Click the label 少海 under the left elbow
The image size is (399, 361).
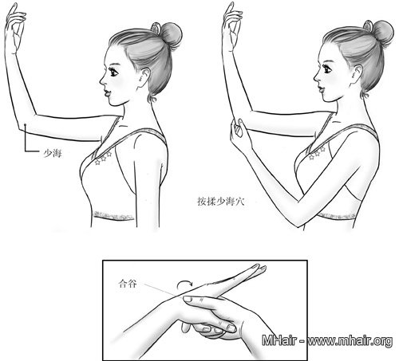tap(53, 154)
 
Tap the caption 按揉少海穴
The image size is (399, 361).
tap(220, 202)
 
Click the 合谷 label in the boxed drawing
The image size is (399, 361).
tap(128, 284)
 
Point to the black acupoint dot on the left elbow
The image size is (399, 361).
tap(25, 124)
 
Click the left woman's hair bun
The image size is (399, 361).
tap(171, 34)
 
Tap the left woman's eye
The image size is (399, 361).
tap(113, 71)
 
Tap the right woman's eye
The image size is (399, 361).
tap(327, 69)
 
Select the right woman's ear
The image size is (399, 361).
tap(357, 74)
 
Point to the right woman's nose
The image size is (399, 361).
tap(316, 77)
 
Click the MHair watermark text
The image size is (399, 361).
tap(327, 340)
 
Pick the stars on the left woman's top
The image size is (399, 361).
tap(102, 158)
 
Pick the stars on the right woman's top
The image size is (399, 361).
tap(317, 153)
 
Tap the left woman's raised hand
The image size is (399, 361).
tap(15, 28)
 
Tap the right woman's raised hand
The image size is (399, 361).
tap(232, 26)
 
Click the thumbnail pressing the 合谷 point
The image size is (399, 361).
tap(188, 299)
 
